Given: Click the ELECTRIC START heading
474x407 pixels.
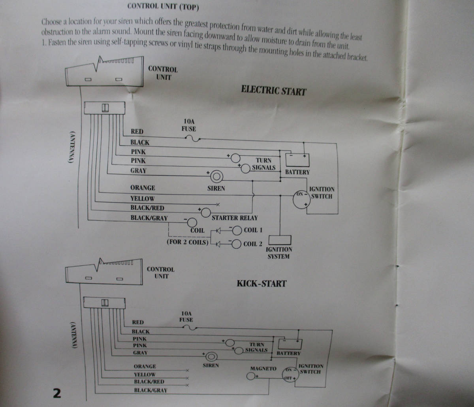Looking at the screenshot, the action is (x=274, y=90).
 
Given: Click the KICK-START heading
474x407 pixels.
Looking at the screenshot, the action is (x=261, y=284).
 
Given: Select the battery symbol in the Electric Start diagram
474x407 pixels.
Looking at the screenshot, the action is (x=297, y=160).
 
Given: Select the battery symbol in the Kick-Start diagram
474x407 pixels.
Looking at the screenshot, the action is (x=290, y=344).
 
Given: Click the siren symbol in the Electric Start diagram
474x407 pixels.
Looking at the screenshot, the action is (x=216, y=177).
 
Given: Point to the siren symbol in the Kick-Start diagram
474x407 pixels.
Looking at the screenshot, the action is (x=211, y=357).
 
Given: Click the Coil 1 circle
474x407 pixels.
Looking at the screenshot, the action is (x=237, y=230).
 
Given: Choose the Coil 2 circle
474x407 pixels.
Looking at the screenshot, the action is (x=236, y=244).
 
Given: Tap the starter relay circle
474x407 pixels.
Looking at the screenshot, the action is (x=206, y=213).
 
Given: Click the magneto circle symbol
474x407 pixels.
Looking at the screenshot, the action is (x=251, y=376).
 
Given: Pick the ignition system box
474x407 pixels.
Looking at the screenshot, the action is (x=280, y=240).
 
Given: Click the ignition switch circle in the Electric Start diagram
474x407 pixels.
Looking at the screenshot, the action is (x=301, y=200).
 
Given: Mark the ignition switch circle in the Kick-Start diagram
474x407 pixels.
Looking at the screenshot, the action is (x=290, y=374).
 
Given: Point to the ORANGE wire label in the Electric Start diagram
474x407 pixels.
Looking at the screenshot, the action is (x=143, y=188).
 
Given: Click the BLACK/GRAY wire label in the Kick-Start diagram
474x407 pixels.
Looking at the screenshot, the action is (x=150, y=390).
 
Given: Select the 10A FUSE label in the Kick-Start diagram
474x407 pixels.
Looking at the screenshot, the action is (x=186, y=316).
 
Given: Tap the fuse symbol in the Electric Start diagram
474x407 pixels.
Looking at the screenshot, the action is (x=192, y=138).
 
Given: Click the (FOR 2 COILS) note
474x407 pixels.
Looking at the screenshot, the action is (x=188, y=242).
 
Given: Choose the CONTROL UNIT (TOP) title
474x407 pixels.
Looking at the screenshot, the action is (x=163, y=7).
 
